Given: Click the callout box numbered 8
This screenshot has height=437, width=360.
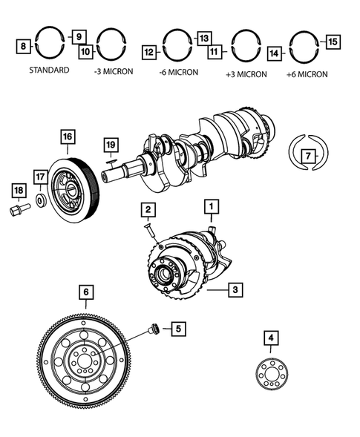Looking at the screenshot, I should (x=24, y=46).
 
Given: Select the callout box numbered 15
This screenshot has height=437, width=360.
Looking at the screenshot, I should (x=332, y=42).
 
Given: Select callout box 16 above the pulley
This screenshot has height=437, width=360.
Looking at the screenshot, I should (x=68, y=137).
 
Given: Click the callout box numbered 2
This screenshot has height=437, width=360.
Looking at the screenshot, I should (x=148, y=210).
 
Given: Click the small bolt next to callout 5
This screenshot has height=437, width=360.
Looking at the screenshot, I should (x=154, y=329).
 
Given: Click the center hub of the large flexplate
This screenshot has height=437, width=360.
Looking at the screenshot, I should (x=84, y=362).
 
